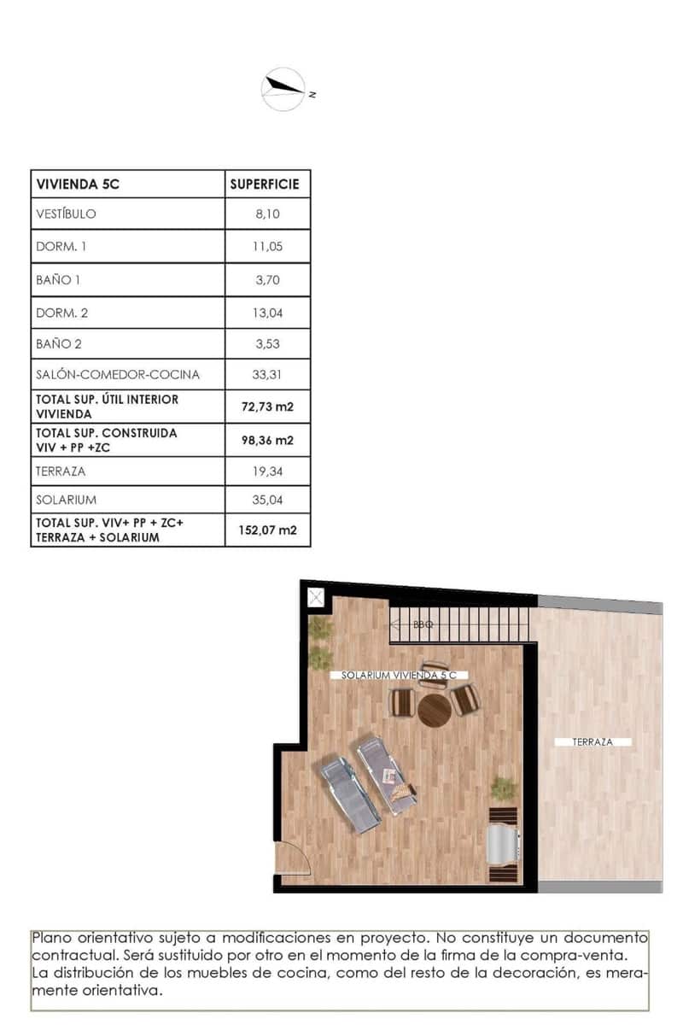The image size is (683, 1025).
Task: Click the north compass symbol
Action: [x=283, y=89]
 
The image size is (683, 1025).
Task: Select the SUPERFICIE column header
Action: [x=265, y=184]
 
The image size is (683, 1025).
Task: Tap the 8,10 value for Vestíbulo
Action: [x=267, y=214]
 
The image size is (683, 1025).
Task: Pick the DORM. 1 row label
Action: [x=61, y=247]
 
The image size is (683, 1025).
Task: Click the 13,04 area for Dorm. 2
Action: [x=267, y=313]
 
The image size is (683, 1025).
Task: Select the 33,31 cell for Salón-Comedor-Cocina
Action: [x=267, y=374]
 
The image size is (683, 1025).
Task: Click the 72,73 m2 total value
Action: [x=267, y=407]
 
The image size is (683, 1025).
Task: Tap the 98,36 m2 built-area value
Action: [x=267, y=441]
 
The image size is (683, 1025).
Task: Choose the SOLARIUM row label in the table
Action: [x=66, y=499]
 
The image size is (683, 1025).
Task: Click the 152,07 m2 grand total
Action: [x=267, y=530]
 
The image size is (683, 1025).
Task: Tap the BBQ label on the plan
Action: [x=423, y=625]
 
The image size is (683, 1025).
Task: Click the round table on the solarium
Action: [x=434, y=708]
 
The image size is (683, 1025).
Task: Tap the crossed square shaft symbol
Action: [x=315, y=597]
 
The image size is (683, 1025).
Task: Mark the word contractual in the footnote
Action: [x=75, y=953]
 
